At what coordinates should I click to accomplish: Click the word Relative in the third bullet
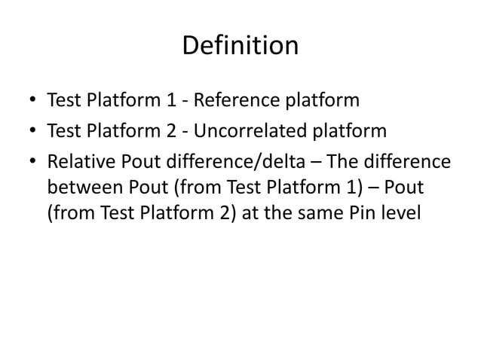click(x=78, y=163)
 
